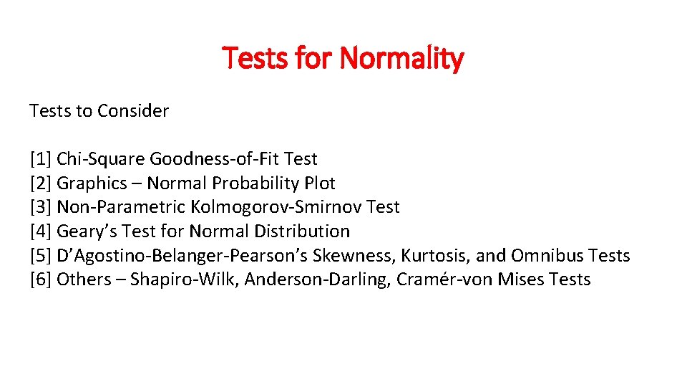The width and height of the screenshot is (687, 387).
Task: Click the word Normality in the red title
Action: [401, 58]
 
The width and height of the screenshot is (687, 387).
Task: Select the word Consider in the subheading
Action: [133, 111]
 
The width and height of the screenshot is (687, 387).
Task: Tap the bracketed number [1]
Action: [41, 159]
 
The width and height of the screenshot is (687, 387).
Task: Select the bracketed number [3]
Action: [41, 207]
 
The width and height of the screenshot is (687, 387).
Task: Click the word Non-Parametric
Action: [121, 207]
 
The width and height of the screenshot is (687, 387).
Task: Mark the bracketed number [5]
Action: [41, 255]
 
